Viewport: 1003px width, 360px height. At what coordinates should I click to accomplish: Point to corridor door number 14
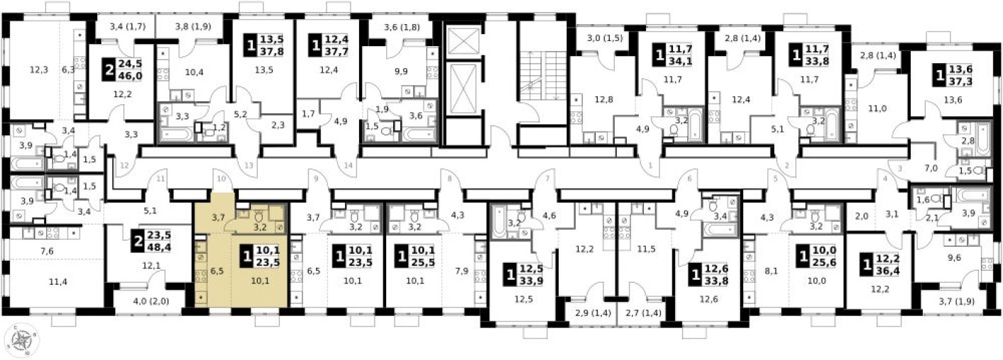[348, 166]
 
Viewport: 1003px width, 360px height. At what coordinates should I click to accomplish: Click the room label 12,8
[603, 99]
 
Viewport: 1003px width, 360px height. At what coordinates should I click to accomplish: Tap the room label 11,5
[642, 249]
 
